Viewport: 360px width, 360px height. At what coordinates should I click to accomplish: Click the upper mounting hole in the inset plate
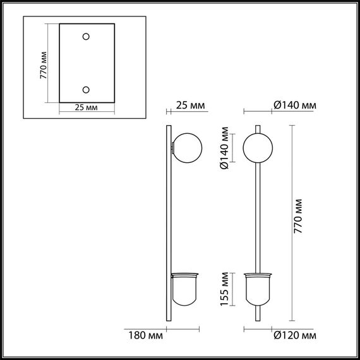87,36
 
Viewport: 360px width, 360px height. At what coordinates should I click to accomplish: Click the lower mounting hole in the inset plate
87,89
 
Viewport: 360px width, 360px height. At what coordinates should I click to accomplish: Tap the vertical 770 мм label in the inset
44,63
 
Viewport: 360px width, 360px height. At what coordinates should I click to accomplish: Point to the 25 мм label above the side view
190,105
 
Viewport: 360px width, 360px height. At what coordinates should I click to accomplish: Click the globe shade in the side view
187,147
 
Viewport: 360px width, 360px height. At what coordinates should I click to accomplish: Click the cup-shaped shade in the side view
186,291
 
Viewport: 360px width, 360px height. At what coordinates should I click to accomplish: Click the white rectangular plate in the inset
87,63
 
